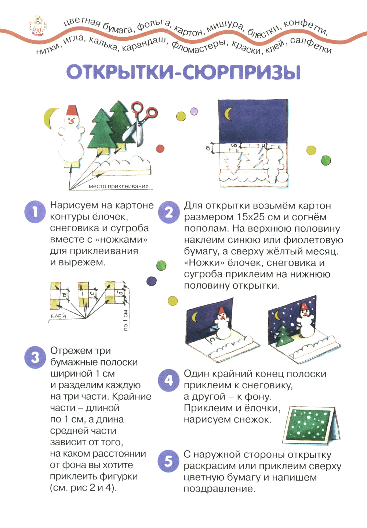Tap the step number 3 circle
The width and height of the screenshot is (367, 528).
(x=34, y=357)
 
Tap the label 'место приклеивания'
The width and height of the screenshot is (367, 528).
(x=118, y=186)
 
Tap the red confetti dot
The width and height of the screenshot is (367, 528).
(x=160, y=149)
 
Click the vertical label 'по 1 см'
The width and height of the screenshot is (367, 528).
(x=126, y=320)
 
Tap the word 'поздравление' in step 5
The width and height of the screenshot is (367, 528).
(x=219, y=489)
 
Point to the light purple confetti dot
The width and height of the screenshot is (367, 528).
(x=194, y=111)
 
